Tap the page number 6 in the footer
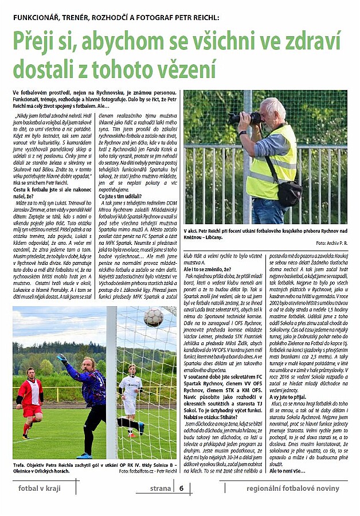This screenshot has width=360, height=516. point(181,488)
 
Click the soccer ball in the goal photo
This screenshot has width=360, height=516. point(153,317)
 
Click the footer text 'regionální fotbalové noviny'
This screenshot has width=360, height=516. point(293,488)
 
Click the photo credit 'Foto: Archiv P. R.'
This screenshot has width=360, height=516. point(331,243)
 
